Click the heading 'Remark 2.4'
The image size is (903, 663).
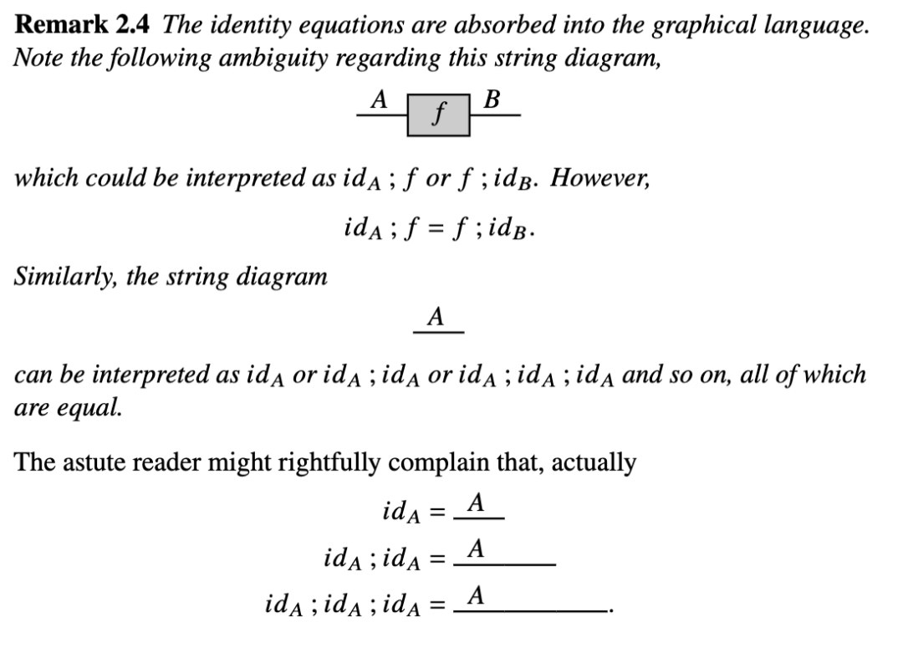tap(84, 25)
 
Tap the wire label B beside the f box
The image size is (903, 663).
tap(492, 99)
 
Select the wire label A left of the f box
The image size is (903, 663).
tap(379, 99)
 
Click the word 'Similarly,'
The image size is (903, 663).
tap(64, 277)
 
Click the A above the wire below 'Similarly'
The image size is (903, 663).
tap(435, 318)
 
